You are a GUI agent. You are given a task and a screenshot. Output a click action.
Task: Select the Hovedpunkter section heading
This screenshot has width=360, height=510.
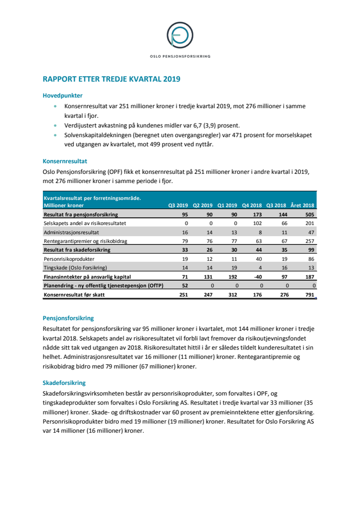coord(63,96)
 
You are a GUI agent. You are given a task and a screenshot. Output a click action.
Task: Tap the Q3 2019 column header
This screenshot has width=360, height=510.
coord(178,205)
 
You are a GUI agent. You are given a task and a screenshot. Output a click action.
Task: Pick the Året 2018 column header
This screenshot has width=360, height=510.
coord(302,205)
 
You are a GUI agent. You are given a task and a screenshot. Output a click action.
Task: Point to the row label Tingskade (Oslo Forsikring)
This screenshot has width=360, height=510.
coord(76,267)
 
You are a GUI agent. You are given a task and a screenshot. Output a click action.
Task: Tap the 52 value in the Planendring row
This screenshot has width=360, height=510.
coord(185,285)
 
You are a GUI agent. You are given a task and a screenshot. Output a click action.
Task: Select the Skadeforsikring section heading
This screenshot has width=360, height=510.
coord(64,383)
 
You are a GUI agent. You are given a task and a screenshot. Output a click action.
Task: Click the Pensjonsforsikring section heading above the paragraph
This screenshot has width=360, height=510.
coord(68,318)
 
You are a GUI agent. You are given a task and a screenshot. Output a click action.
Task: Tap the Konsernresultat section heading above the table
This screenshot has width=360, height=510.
coord(65,161)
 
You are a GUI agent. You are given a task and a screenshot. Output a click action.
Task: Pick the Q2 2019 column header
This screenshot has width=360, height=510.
coord(203,205)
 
